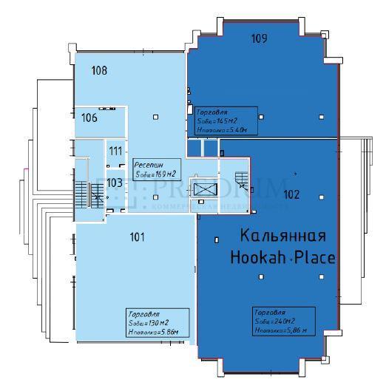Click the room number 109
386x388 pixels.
[258, 38]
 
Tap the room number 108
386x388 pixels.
[100, 71]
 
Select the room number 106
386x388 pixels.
[89, 118]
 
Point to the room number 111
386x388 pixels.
[115, 151]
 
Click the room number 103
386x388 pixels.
[114, 183]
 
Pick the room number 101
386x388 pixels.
[136, 237]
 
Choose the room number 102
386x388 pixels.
[291, 195]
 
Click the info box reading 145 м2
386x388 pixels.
[226, 120]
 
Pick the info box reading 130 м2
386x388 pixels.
[158, 324]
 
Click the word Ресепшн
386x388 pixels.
[148, 165]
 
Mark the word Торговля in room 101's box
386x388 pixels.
[143, 313]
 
